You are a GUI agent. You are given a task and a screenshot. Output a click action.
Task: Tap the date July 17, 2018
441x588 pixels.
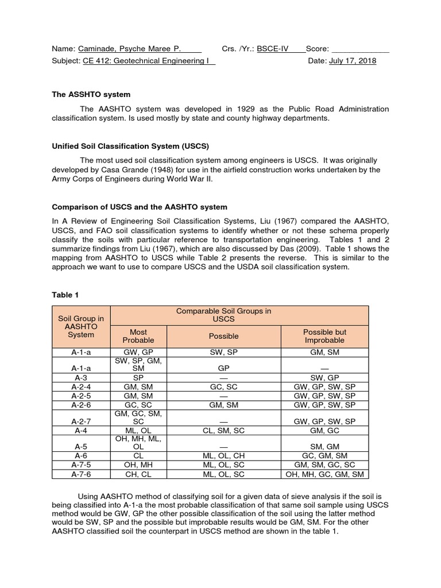pos(353,61)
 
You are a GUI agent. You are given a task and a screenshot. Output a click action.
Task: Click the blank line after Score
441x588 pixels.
pos(360,49)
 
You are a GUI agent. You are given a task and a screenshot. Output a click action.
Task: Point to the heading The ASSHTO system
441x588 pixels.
pos(91,94)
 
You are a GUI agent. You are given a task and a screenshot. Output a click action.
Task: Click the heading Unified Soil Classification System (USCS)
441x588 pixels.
pos(126,146)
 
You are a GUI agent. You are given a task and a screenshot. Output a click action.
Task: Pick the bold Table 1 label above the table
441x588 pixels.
pos(65,295)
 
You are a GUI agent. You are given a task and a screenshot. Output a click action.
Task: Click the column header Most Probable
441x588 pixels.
pos(138,336)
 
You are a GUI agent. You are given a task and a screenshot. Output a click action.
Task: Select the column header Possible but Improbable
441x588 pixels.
pos(324,336)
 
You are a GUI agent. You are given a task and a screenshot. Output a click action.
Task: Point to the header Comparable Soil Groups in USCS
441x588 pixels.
pos(224,315)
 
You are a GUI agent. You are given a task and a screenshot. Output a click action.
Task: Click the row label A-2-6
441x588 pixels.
pos(81,404)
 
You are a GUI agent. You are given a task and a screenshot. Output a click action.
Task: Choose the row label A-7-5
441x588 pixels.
pos(81,465)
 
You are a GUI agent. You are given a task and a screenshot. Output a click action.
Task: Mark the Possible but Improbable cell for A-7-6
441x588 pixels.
pos(324,474)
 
